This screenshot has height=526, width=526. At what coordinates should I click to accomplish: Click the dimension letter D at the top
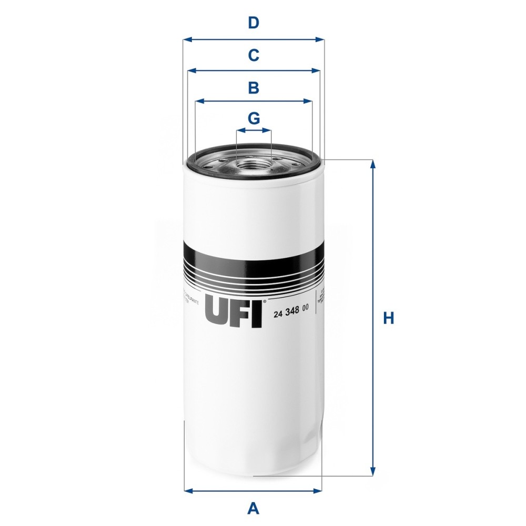pos(254,23)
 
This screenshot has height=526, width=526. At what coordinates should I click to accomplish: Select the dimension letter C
pos(254,55)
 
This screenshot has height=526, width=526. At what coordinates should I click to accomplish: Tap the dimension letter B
pos(254,87)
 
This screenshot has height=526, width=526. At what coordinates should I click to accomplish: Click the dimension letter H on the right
pos(388,318)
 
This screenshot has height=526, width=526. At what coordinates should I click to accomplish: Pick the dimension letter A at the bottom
pos(254,508)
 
